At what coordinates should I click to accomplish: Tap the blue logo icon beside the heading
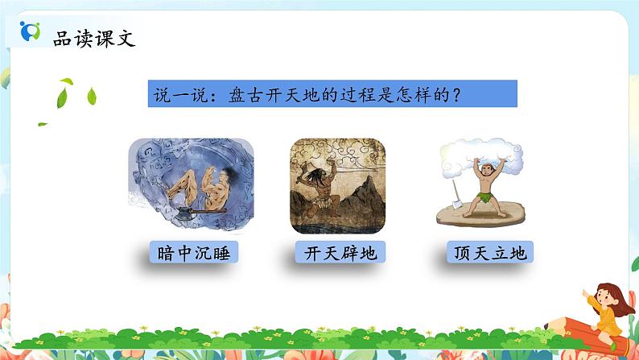point(30,32)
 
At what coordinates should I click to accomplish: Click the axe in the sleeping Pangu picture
point(186,213)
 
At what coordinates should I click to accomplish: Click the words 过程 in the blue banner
point(362,94)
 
